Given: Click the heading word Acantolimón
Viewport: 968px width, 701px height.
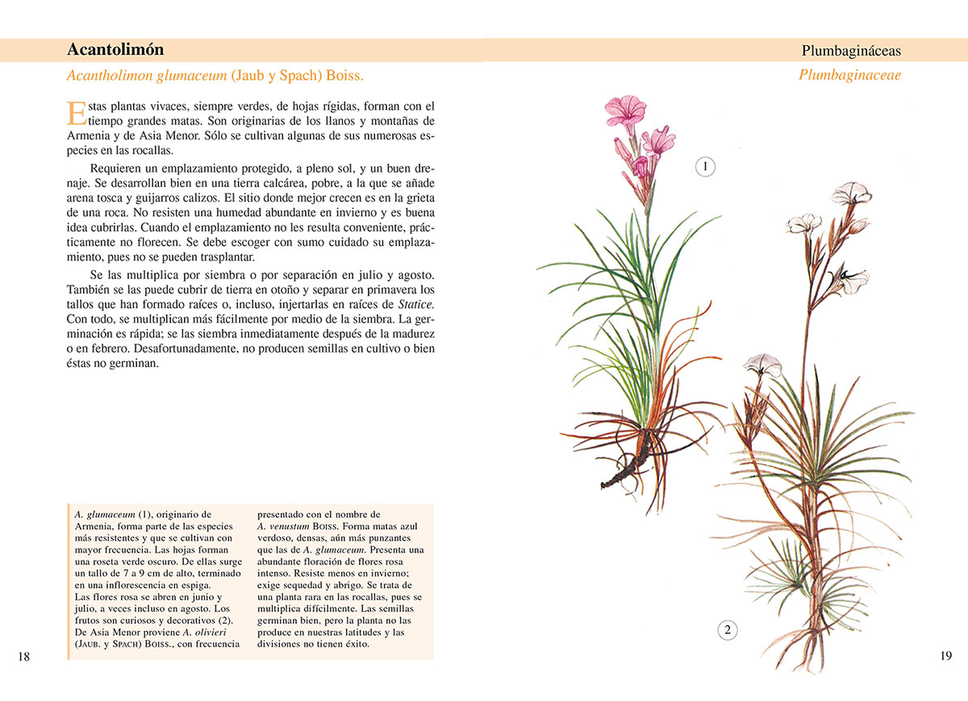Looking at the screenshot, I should (115, 49).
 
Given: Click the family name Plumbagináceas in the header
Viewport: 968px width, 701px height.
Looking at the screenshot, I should (851, 51).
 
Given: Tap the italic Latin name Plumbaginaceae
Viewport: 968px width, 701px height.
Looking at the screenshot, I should (849, 75).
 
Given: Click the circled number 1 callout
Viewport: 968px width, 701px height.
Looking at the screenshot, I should (705, 167).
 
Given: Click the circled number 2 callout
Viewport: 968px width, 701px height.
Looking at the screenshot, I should (727, 630).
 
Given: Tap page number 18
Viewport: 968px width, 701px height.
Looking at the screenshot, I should (23, 657).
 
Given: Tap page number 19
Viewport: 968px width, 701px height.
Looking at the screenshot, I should (946, 656).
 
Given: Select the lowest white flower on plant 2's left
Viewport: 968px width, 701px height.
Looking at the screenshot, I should (759, 364).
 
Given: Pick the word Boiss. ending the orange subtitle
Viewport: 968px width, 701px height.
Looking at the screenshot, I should (345, 76).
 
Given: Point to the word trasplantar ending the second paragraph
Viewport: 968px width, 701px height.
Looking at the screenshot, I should (219, 257).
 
